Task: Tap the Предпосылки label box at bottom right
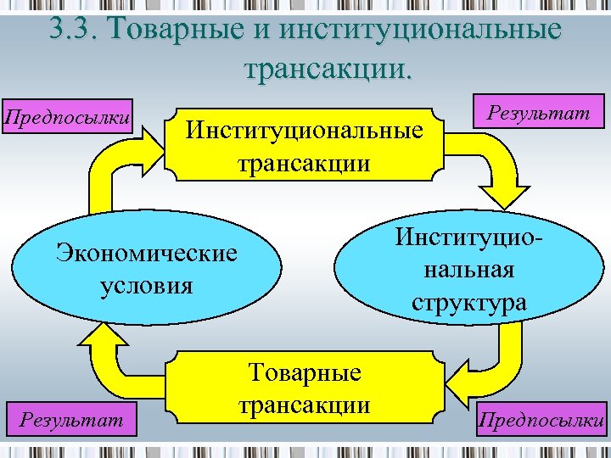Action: click(541, 420)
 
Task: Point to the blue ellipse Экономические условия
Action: click(146, 267)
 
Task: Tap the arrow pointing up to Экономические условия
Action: click(110, 356)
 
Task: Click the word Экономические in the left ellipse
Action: click(146, 253)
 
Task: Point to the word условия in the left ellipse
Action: click(146, 283)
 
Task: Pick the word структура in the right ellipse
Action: click(468, 302)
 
